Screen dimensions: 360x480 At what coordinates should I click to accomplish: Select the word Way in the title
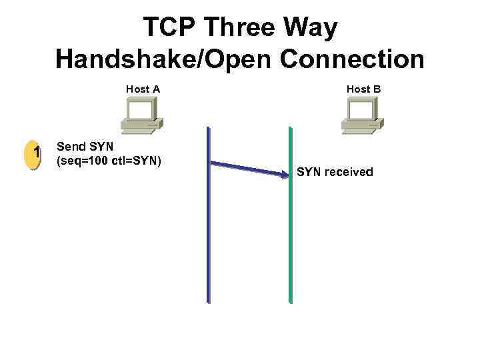tap(312, 28)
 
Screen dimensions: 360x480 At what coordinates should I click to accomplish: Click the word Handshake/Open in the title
tap(164, 59)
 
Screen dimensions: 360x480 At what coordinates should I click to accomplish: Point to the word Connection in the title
tap(353, 59)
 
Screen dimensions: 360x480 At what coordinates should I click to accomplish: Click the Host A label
tap(143, 89)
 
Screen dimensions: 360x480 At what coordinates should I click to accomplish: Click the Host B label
tap(363, 89)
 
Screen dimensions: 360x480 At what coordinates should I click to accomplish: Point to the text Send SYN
tap(86, 147)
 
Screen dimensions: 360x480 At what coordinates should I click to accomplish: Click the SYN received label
tap(335, 172)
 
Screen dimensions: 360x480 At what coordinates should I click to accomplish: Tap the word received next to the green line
tap(349, 172)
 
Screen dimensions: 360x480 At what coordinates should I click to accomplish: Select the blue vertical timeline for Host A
tap(209, 233)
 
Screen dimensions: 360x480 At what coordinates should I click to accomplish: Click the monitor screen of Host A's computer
tap(141, 109)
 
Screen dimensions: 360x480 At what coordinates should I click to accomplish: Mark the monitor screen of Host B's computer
tap(361, 109)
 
